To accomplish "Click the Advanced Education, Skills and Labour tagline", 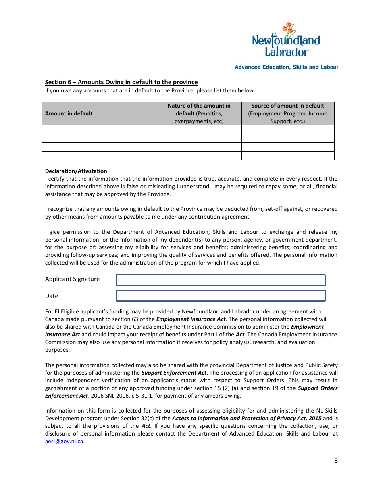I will (286, 67).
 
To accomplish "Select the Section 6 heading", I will (121, 82).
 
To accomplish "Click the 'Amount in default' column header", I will (69, 113).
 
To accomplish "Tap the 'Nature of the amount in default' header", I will (199, 113).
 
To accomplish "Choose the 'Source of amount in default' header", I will (287, 113).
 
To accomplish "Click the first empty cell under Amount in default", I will (99, 129).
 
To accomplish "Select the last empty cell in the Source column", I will (287, 156).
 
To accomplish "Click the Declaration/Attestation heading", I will (77, 171).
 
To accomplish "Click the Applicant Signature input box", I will (221, 280).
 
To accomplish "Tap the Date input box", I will (221, 296).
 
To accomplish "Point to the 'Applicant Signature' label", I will (72, 279).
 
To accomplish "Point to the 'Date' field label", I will (52, 296).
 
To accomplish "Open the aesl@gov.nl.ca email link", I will (64, 441).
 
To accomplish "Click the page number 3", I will (336, 461).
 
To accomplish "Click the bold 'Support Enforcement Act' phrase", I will (174, 373).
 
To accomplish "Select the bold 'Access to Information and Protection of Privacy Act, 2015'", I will (247, 418).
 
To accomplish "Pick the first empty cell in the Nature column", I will (199, 129).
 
